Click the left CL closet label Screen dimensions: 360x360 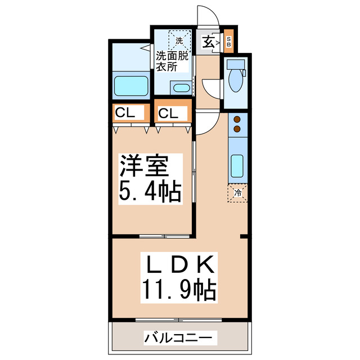click(x=125, y=112)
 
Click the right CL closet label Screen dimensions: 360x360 click(x=168, y=113)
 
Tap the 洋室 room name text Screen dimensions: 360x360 click(x=143, y=167)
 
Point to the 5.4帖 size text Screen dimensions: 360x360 click(x=149, y=192)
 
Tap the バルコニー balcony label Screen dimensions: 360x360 click(x=179, y=337)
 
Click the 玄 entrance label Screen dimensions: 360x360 click(x=208, y=41)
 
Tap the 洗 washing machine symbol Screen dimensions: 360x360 click(x=179, y=40)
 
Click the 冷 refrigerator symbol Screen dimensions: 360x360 click(x=238, y=193)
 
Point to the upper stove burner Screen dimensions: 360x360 click(x=237, y=120)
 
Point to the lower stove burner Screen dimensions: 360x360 click(x=237, y=129)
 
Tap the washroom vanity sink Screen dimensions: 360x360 click(x=181, y=87)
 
